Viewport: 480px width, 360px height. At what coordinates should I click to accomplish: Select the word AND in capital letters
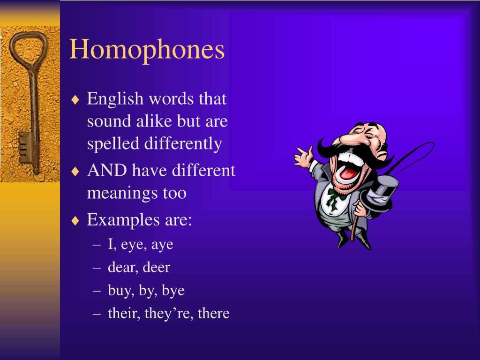point(107,170)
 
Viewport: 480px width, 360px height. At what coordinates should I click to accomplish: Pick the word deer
point(156,267)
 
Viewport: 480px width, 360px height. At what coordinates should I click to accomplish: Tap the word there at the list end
point(214,313)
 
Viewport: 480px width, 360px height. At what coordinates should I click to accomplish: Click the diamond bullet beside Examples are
point(75,221)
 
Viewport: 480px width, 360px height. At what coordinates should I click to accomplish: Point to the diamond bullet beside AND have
point(75,172)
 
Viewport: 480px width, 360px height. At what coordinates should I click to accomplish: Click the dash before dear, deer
point(97,268)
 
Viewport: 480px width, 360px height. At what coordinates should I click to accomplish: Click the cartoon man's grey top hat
point(381,193)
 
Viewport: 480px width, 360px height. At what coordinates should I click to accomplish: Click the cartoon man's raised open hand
point(303,157)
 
